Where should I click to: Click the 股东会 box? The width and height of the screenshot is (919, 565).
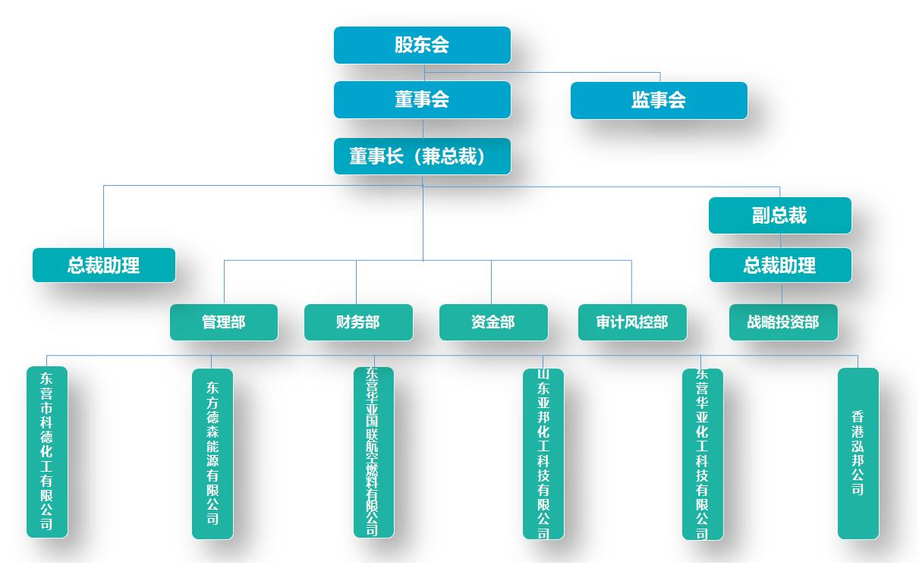(422, 45)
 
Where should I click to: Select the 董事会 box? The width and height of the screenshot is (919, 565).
(422, 99)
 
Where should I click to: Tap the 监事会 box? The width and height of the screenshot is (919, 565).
(659, 100)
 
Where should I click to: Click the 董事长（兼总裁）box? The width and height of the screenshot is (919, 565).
(422, 156)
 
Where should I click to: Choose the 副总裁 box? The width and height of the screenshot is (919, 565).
(779, 215)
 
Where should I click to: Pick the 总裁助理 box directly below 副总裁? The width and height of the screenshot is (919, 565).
(779, 265)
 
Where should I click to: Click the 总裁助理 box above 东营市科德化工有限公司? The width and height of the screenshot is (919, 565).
(104, 265)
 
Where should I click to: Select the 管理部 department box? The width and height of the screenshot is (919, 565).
(224, 322)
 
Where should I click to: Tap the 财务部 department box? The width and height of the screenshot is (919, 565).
(358, 322)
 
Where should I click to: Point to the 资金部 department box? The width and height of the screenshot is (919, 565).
(493, 322)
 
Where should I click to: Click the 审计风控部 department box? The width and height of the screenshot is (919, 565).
(632, 322)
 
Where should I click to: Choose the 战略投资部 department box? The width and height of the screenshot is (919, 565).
(783, 322)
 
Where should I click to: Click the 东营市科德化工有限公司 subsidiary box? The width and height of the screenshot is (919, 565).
(47, 452)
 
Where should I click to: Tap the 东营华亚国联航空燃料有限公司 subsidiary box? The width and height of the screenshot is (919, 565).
(373, 452)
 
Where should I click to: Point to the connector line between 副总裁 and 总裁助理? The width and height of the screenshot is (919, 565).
(781, 240)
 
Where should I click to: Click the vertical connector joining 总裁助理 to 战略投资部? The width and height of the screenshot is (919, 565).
(782, 293)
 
